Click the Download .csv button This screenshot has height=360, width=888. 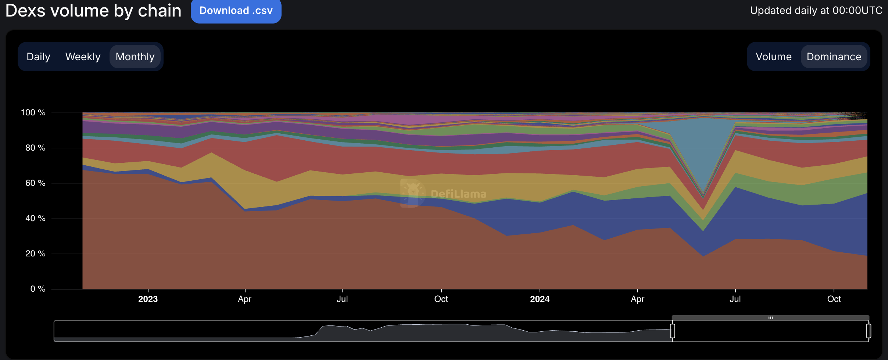pos(236,11)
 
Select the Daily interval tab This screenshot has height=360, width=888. pos(38,57)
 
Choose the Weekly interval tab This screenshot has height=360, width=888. pos(83,57)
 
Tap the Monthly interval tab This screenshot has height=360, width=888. pos(135,57)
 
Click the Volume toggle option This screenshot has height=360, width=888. pos(773,57)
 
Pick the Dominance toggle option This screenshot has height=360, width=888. pos(834,57)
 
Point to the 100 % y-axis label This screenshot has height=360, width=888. pos(33,112)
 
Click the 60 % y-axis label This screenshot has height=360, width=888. pos(35,183)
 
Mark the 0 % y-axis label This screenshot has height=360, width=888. pos(37,289)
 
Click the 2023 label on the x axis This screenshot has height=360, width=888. pos(148,299)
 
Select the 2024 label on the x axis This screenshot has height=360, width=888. pos(540,299)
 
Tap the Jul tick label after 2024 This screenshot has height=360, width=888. pos(735,299)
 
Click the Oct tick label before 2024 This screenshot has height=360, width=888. pos(441,299)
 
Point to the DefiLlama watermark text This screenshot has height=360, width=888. pos(458,194)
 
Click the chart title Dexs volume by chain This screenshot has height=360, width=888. pos(93,11)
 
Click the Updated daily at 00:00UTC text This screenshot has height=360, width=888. pos(816,10)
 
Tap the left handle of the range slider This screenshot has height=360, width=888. pos(672,331)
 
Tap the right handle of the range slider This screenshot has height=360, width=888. pos(869,331)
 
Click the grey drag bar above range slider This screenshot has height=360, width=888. pos(770,318)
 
